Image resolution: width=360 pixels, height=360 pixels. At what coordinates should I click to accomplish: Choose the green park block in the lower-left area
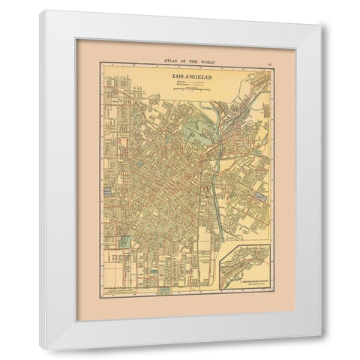(x=125, y=242)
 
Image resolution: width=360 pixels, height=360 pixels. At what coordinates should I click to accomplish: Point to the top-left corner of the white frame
(x=40, y=11)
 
